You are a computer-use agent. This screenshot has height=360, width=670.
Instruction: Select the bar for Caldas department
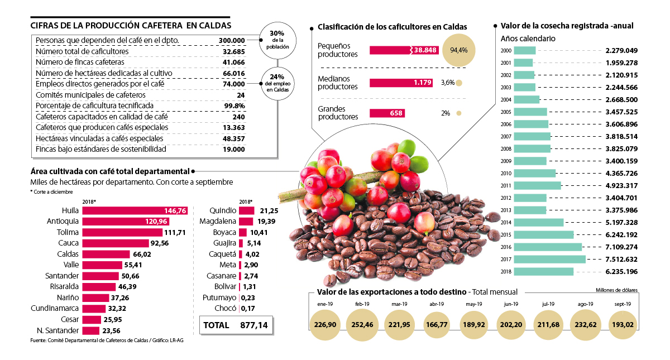pos(106,254)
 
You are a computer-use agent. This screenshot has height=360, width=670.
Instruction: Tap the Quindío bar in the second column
pos(246,211)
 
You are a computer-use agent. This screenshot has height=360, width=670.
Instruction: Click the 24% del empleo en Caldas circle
pos(277,83)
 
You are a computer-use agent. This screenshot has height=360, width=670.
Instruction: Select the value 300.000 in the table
pos(232,41)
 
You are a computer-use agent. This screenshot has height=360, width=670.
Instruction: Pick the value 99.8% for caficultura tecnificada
pos(234,105)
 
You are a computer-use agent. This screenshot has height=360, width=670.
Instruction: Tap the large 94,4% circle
pos(458,50)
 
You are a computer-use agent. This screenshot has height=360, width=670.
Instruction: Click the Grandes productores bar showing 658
pos(387,113)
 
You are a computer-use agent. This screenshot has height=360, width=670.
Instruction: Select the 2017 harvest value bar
pos(549,260)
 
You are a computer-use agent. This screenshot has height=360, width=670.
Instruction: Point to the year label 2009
pos(506,161)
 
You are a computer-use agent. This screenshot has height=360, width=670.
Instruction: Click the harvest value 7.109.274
pos(629,247)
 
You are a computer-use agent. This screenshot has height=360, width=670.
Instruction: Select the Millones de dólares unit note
pos(616,290)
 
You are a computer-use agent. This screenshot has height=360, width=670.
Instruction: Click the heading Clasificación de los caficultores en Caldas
pos(392,27)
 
